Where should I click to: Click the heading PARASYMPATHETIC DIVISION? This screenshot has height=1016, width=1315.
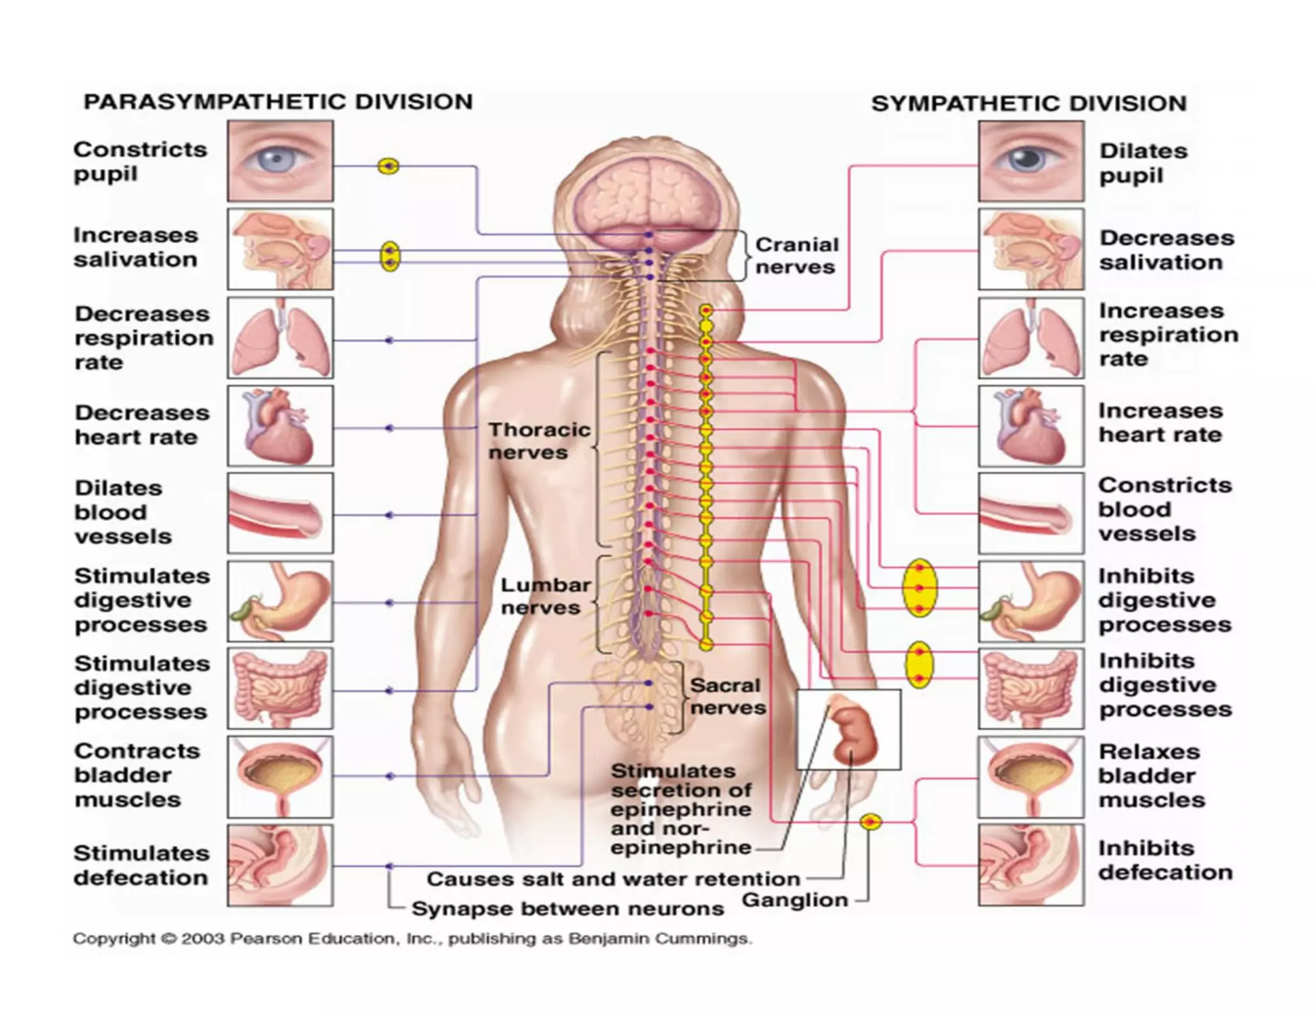pyautogui.click(x=278, y=102)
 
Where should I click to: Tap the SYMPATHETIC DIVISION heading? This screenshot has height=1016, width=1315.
pyautogui.click(x=1029, y=104)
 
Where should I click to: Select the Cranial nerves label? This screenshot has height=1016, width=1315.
pyautogui.click(x=796, y=256)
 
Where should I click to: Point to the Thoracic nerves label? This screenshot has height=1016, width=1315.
pyautogui.click(x=539, y=441)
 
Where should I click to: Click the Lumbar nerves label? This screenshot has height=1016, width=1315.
pyautogui.click(x=545, y=596)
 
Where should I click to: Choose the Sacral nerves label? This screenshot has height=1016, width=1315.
pyautogui.click(x=727, y=696)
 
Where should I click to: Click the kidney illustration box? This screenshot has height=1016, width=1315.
pyautogui.click(x=848, y=729)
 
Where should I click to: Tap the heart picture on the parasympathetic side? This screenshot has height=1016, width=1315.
pyautogui.click(x=280, y=426)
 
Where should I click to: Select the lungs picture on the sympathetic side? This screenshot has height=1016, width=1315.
pyautogui.click(x=1031, y=338)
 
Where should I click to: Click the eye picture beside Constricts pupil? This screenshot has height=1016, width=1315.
pyautogui.click(x=280, y=161)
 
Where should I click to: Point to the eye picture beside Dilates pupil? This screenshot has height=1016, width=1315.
pyautogui.click(x=1031, y=161)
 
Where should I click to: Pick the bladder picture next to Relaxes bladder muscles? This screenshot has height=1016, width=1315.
pyautogui.click(x=1031, y=776)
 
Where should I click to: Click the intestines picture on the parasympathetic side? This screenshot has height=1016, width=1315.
pyautogui.click(x=280, y=688)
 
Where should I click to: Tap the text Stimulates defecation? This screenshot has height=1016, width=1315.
pyautogui.click(x=141, y=865)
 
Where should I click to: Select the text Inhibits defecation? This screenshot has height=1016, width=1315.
pyautogui.click(x=1165, y=860)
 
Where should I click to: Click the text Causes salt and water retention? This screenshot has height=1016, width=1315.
pyautogui.click(x=613, y=879)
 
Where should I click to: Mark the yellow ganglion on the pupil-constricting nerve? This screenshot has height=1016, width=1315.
pyautogui.click(x=388, y=166)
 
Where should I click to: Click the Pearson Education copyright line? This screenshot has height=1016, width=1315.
pyautogui.click(x=412, y=939)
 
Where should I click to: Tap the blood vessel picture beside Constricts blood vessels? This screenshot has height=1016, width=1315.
pyautogui.click(x=1031, y=514)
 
